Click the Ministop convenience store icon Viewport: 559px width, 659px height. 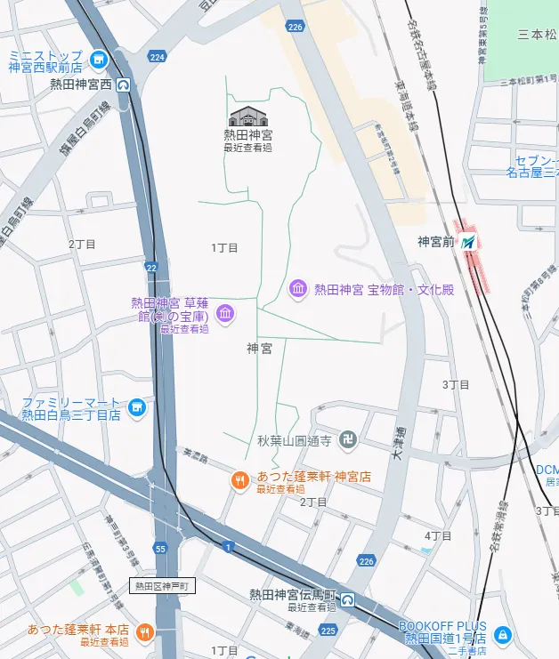99,60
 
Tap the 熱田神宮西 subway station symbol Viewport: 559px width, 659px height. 123,85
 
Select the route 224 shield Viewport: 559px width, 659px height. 158,58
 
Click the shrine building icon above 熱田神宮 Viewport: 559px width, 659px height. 247,117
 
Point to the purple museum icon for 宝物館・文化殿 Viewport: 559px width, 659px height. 298,289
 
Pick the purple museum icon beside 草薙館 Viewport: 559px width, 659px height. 225,312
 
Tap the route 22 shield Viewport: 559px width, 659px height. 151,267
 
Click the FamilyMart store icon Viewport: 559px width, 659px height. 136,408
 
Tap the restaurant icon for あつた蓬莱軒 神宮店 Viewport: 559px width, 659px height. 239,481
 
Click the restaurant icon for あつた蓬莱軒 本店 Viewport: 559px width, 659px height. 145,632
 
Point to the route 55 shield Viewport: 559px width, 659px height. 160,549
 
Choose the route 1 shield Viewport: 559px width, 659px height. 229,546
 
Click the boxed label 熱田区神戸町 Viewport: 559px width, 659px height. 163,585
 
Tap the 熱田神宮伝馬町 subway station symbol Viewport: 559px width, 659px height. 348,599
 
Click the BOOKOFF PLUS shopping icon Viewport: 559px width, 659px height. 503,634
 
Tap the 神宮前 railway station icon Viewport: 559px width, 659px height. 468,241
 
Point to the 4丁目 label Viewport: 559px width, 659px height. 437,535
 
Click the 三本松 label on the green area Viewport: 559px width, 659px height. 536,36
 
